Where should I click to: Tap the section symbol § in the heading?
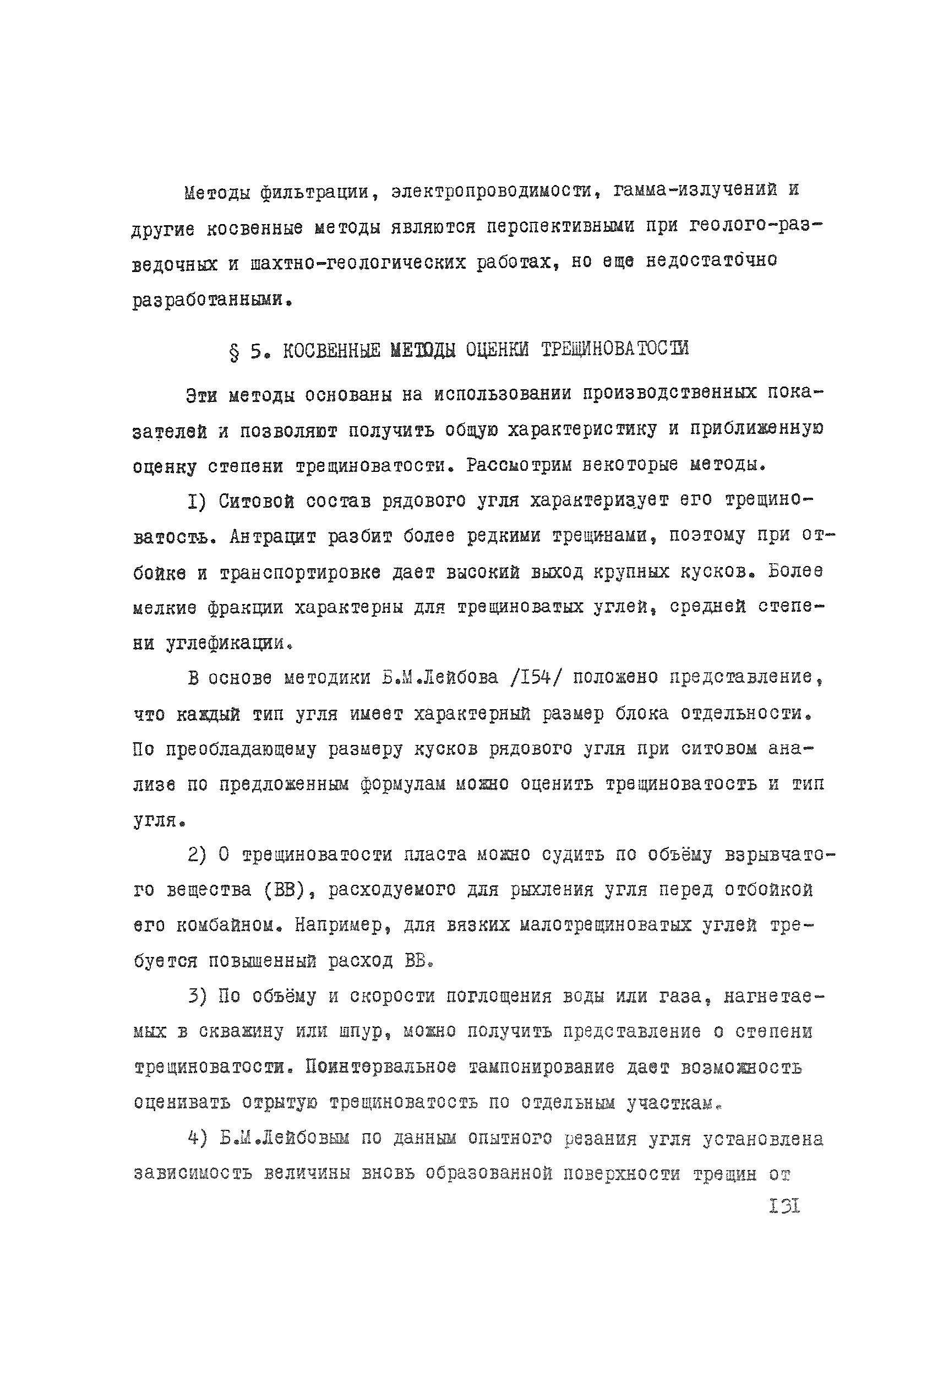[234, 351]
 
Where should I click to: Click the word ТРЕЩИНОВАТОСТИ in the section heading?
[615, 349]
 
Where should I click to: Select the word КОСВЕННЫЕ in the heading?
[331, 350]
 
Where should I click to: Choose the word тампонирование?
[541, 1068]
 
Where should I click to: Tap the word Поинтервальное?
[380, 1068]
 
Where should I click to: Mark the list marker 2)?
[197, 855]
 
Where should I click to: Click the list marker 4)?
[197, 1138]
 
